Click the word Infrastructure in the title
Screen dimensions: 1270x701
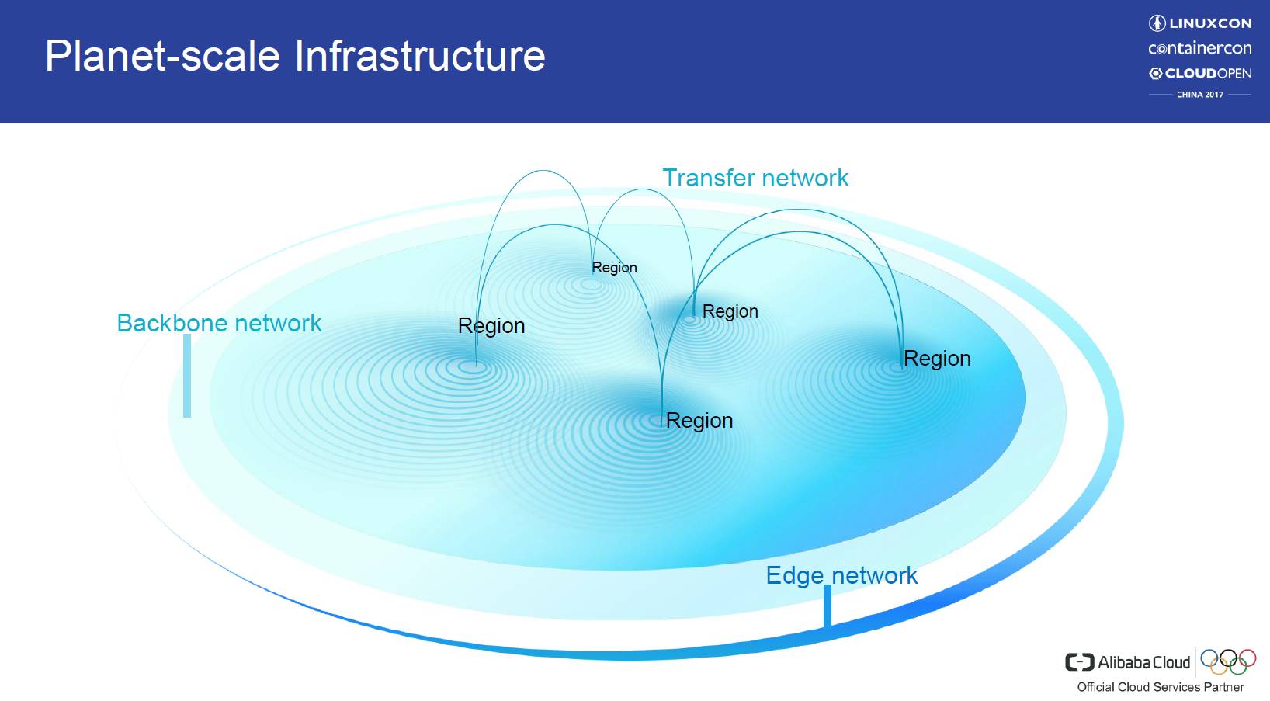[419, 56]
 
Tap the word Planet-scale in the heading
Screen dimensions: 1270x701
[162, 56]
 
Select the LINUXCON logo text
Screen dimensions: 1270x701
[1210, 23]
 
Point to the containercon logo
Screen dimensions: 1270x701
[1199, 48]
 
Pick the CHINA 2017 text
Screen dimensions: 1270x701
[1199, 95]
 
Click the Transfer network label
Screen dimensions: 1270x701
[755, 178]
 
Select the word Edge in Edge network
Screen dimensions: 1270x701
[794, 575]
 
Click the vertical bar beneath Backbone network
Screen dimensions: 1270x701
[187, 376]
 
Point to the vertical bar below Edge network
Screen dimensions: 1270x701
[828, 606]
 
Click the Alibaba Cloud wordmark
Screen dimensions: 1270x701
[1143, 662]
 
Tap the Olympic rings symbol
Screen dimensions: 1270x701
[1228, 661]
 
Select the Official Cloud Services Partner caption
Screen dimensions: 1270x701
[1160, 687]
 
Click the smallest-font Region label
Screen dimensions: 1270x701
[614, 268]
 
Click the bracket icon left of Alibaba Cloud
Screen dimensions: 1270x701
[1079, 662]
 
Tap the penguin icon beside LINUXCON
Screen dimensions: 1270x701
[1157, 23]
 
